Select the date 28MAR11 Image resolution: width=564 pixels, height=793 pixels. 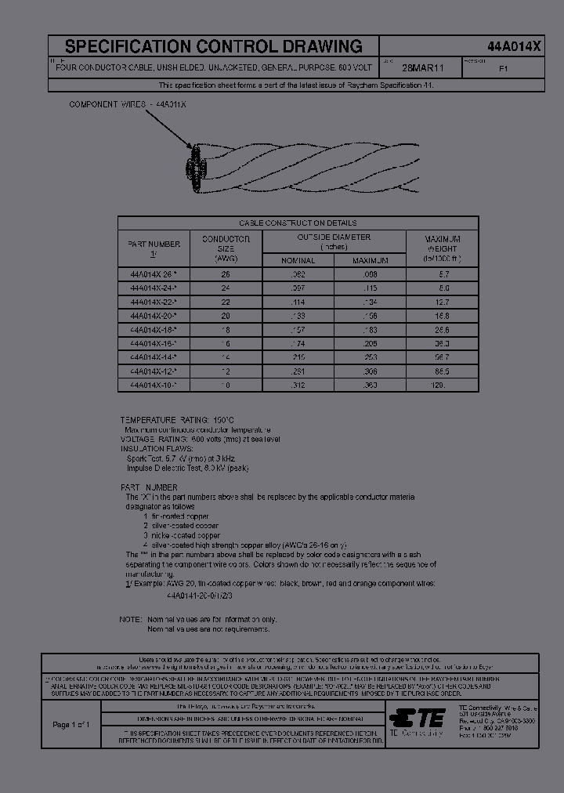(424, 68)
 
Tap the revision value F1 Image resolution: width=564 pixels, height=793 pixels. (504, 68)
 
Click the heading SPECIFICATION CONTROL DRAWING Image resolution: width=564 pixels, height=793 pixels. (213, 46)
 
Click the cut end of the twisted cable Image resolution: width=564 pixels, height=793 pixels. (194, 168)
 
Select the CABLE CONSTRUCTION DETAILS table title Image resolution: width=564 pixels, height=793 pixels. (298, 223)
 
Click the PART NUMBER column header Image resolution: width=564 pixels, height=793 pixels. (154, 248)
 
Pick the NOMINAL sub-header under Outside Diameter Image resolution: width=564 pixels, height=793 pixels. (298, 260)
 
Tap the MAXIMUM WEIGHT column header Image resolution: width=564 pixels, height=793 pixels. (442, 248)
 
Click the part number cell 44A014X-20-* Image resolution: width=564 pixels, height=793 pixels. (154, 315)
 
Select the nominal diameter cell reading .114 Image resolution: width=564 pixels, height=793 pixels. (298, 302)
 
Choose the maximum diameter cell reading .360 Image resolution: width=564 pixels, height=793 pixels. (370, 386)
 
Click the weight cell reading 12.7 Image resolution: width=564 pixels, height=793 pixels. (442, 302)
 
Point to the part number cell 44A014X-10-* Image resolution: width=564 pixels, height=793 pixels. (154, 386)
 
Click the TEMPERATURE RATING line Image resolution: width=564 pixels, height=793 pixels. (176, 421)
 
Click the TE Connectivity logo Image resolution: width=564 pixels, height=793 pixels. (417, 717)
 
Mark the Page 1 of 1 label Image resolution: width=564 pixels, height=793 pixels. (71, 725)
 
